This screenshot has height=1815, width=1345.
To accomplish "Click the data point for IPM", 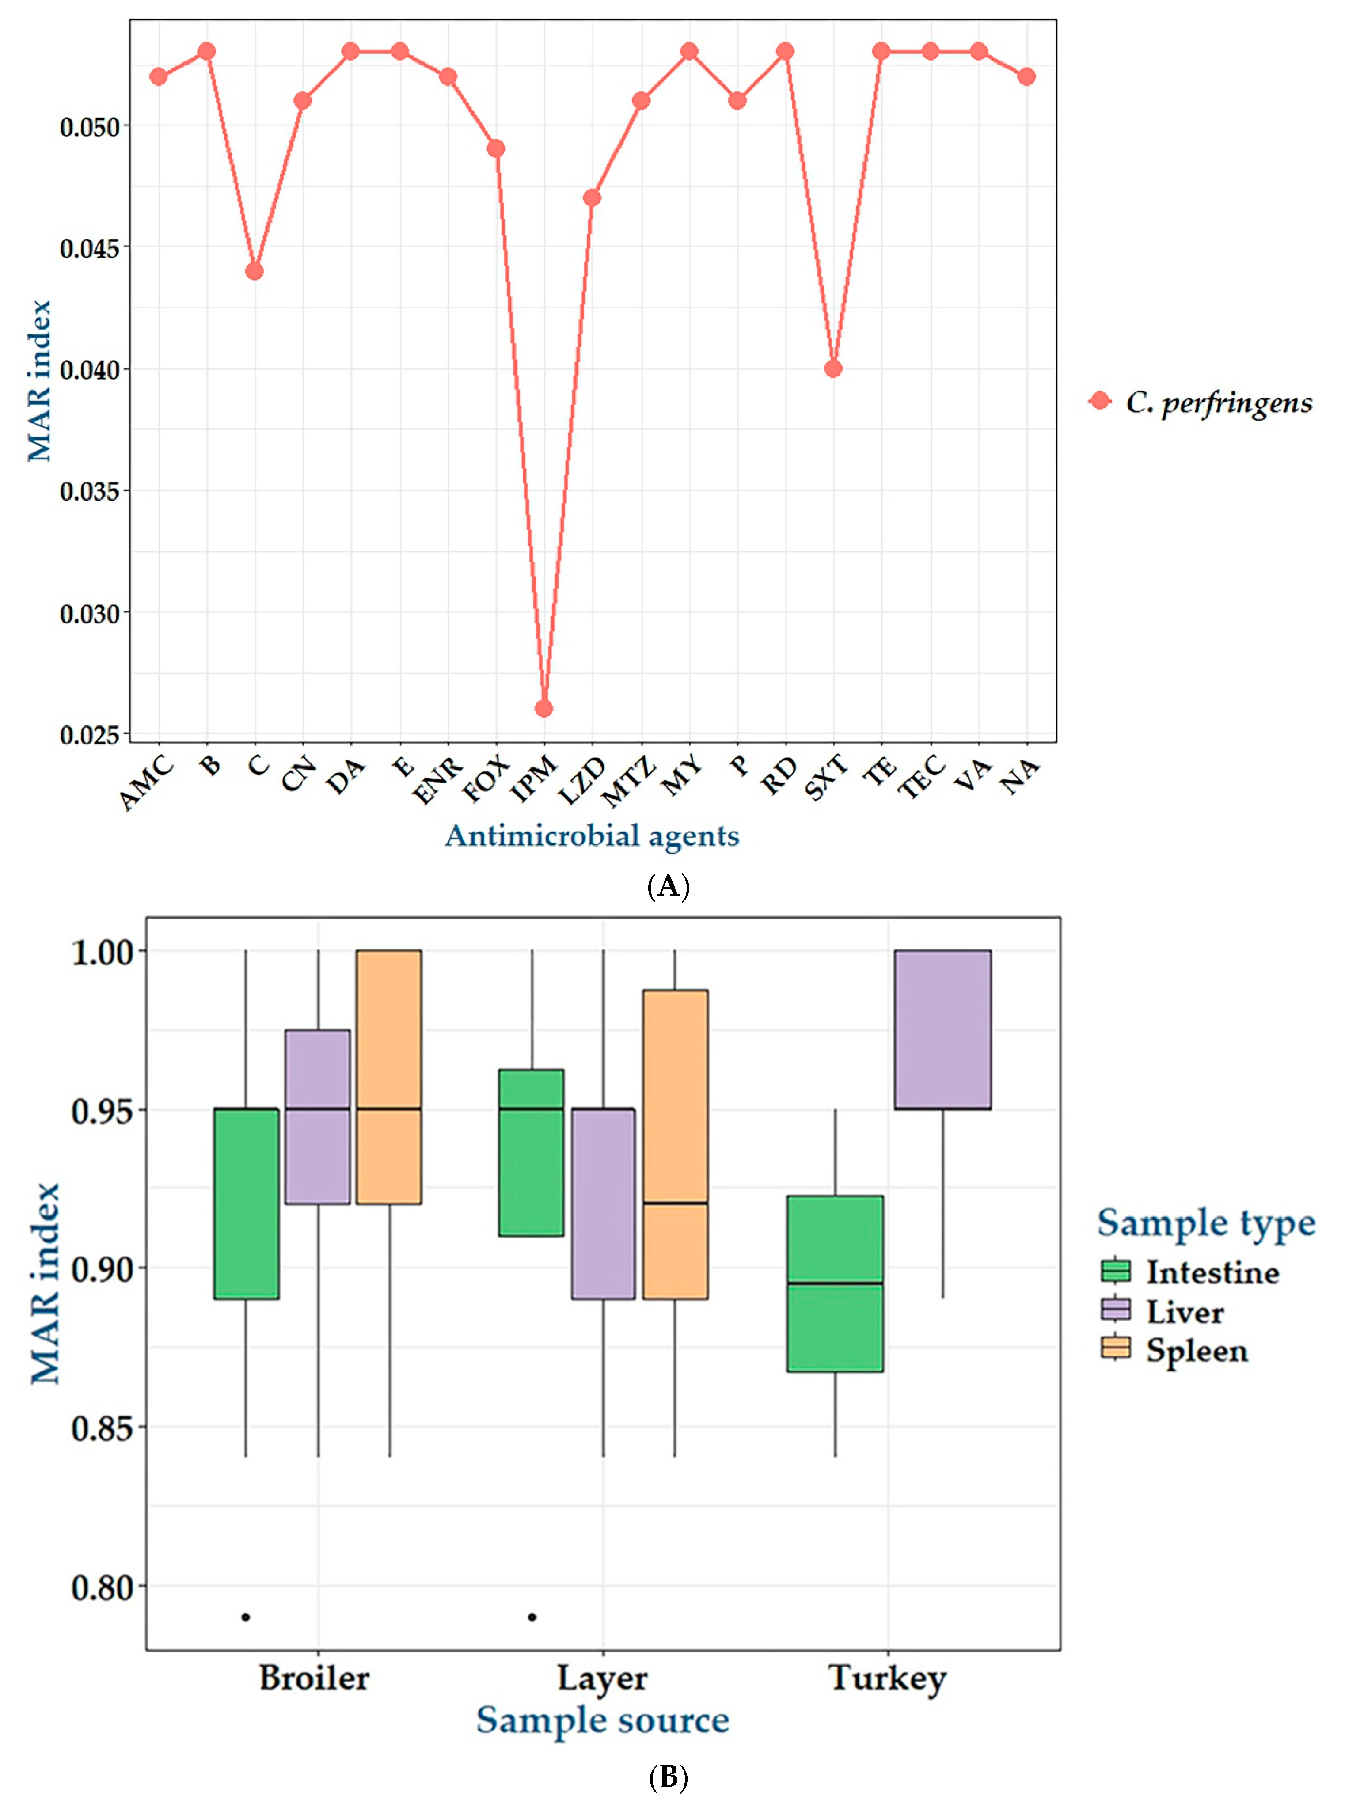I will (544, 708).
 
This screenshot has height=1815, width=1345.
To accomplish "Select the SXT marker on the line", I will (832, 368).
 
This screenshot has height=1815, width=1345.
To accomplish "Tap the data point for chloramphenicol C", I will (255, 271).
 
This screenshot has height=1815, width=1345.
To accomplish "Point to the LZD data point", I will (592, 198).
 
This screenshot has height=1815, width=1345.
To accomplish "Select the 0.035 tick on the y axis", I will (90, 491).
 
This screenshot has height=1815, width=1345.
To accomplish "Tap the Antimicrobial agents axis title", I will (592, 836).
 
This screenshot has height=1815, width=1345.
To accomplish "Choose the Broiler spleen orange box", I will (389, 1076).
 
